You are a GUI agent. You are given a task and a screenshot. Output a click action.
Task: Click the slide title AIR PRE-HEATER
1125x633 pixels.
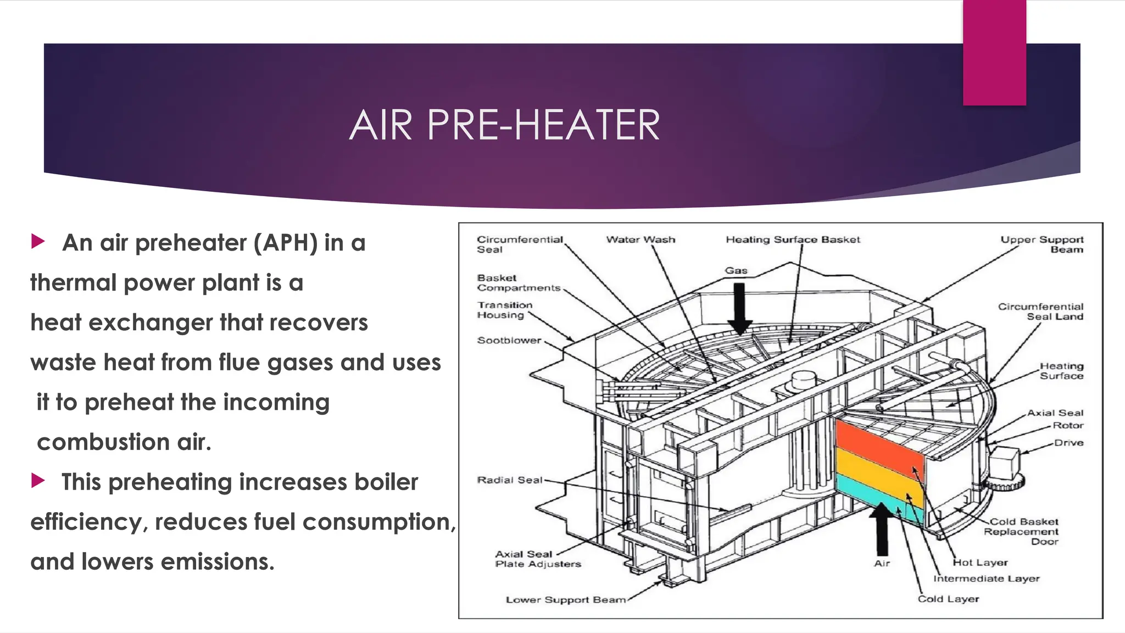pos(504,125)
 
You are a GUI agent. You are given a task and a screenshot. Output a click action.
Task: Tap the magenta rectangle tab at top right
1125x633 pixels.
pos(994,52)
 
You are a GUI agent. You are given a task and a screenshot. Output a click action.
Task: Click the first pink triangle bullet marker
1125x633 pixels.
pos(38,241)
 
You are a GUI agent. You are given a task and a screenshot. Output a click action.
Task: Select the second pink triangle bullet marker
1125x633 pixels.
pos(38,480)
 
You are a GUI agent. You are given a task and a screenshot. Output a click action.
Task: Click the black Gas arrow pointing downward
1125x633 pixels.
pos(739,308)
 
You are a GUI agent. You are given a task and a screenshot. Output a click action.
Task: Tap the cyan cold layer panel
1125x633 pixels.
pos(879,500)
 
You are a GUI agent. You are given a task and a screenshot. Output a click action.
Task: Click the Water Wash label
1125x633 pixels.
pos(641,240)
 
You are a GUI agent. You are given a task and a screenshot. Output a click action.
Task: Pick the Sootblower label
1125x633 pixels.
pos(509,340)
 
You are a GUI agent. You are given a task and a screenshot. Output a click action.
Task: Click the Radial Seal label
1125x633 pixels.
pos(509,480)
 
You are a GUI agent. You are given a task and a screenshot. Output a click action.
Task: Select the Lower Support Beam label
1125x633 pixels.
pos(566,599)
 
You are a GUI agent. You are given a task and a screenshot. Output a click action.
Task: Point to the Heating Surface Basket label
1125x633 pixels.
pos(793,240)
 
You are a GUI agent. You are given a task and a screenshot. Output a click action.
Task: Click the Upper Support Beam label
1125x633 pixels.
pos(1042,245)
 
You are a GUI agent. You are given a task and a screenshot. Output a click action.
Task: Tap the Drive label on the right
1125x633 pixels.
pos(1068,442)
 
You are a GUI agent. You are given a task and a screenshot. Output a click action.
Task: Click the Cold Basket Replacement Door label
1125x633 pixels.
pos(1022,531)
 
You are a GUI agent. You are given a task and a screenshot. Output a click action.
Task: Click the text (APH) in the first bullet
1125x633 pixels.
pos(285,243)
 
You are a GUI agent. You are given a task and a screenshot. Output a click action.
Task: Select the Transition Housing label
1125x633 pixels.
pos(504,310)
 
